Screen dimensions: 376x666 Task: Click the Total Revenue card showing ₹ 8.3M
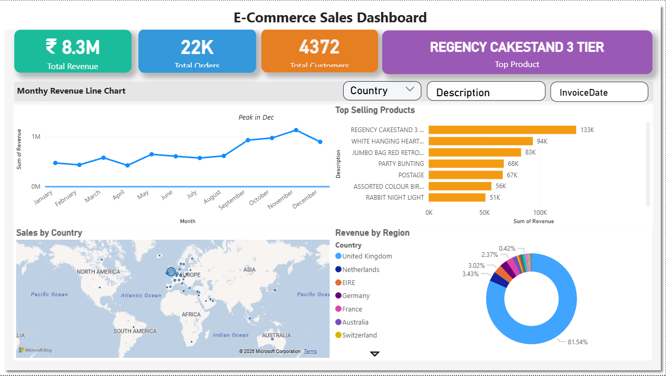tap(73, 51)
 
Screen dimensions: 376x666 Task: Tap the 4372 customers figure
tap(319, 47)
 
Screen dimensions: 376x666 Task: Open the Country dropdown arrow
tap(410, 89)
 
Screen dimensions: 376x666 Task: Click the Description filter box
tap(486, 92)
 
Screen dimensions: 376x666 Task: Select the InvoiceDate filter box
tap(599, 92)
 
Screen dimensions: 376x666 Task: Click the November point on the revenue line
tap(296, 130)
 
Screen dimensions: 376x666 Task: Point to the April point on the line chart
tap(127, 165)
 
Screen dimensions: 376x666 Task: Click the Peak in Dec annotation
tap(256, 118)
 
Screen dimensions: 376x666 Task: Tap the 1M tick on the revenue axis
tap(36, 137)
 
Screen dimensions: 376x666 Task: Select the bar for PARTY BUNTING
tap(466, 164)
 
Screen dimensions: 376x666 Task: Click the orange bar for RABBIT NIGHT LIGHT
tap(457, 198)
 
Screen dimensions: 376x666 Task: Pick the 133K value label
tap(587, 130)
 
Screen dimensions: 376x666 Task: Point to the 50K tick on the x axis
tap(485, 213)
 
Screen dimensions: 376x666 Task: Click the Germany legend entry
tap(356, 296)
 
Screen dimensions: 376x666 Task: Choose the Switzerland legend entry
tap(359, 335)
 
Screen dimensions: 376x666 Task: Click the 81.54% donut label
tap(578, 342)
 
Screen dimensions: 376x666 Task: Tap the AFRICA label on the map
tap(191, 315)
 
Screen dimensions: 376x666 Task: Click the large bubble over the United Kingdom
tap(171, 271)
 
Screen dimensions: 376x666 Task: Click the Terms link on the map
tap(310, 352)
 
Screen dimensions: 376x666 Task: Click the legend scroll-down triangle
tap(375, 354)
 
